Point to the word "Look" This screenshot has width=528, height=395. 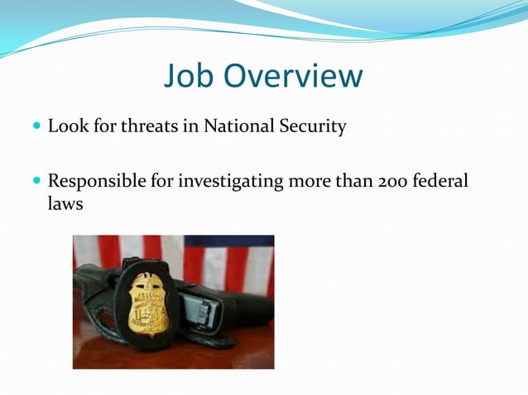tap(66, 127)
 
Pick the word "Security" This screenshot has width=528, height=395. tap(314, 127)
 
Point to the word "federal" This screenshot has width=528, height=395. tap(441, 179)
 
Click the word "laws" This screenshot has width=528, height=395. tap(65, 202)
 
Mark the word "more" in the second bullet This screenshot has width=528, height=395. tap(311, 179)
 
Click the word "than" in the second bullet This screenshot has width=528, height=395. tap(354, 179)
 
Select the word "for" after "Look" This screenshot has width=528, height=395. tap(103, 127)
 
